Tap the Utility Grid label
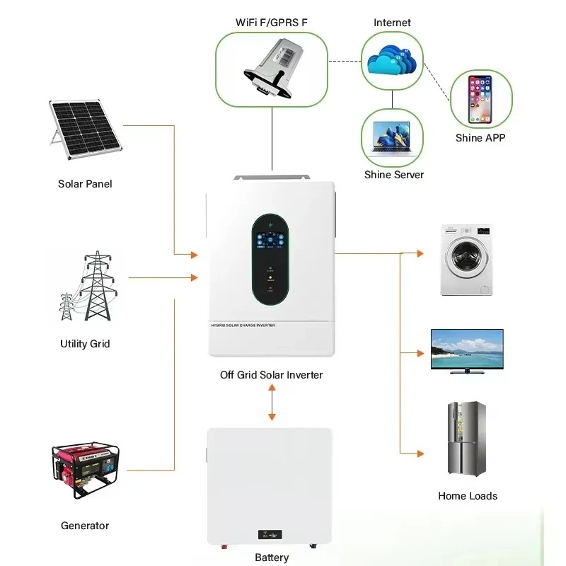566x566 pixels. [x=85, y=344]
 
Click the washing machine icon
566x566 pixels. [x=466, y=259]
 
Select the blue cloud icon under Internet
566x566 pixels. [x=393, y=62]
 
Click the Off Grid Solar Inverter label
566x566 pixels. [x=272, y=374]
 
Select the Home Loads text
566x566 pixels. [x=468, y=496]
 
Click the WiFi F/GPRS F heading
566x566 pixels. [x=272, y=23]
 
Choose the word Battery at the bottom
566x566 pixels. [x=272, y=558]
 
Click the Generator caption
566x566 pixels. [x=85, y=526]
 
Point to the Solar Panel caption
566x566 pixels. [x=85, y=184]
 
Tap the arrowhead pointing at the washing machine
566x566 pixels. [x=421, y=253]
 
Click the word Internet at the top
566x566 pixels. [x=393, y=23]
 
